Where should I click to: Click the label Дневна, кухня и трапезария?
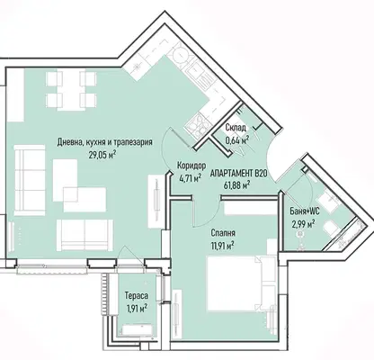tap(104, 142)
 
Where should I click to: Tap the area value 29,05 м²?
tap(102, 155)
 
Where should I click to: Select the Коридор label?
tap(191, 166)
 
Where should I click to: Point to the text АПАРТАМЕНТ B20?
tap(238, 174)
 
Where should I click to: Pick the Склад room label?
tap(236, 128)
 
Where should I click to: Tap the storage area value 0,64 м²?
tap(236, 140)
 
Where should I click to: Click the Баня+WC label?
tap(305, 211)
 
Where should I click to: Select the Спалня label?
tap(223, 233)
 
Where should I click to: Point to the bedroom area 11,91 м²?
tap(222, 246)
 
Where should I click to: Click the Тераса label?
tap(137, 296)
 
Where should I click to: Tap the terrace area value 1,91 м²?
tap(137, 308)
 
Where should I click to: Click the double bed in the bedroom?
tap(242, 283)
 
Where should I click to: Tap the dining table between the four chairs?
tap(71, 90)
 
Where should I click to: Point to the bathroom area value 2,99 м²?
tap(304, 223)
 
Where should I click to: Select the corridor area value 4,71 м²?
tap(189, 178)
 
